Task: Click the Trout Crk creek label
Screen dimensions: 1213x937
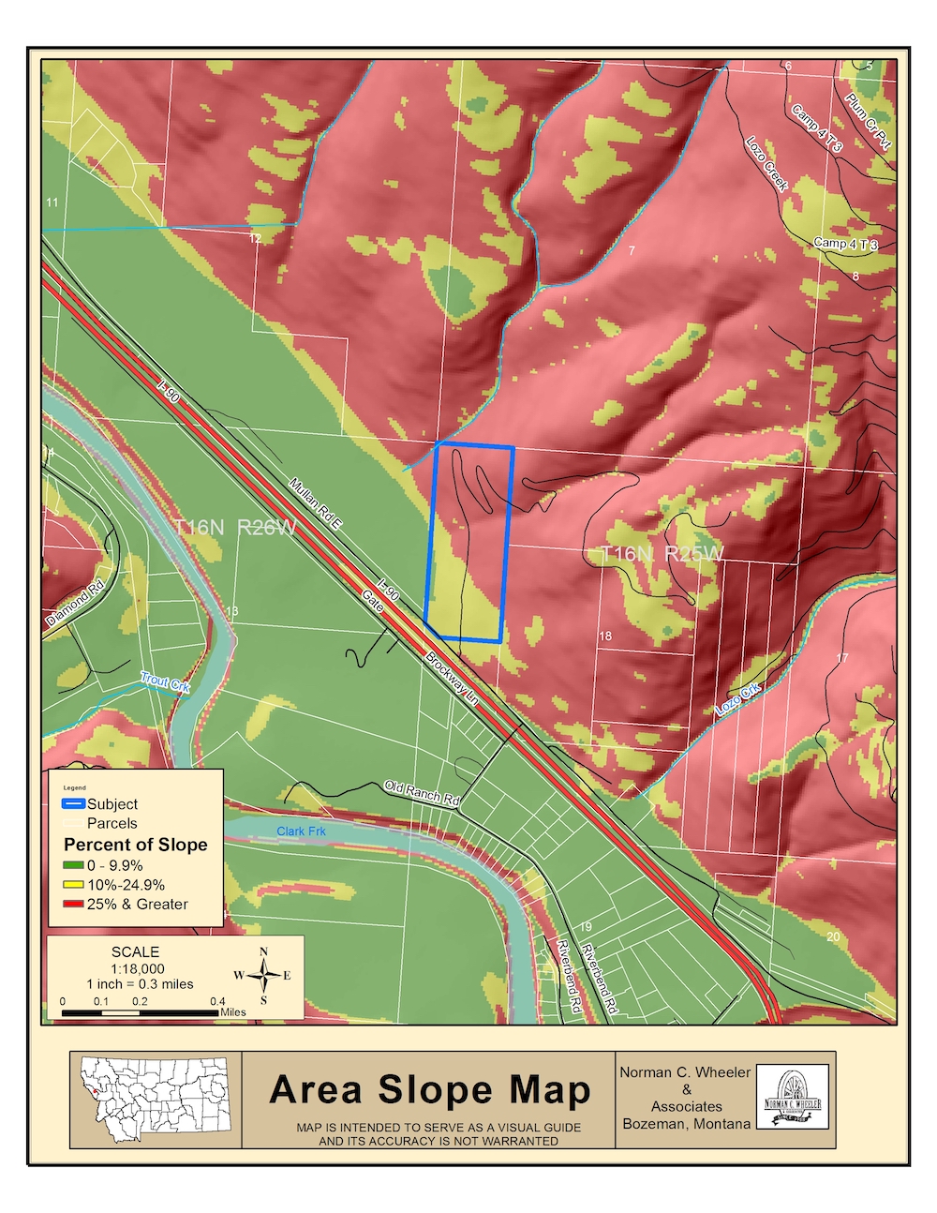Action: [x=165, y=681]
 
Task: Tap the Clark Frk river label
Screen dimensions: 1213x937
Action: [x=301, y=831]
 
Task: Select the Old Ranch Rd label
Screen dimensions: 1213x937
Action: [x=422, y=793]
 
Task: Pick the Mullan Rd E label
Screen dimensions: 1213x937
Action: [x=314, y=504]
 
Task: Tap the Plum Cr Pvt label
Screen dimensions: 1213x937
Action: [x=869, y=122]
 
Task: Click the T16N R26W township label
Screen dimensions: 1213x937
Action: [x=234, y=528]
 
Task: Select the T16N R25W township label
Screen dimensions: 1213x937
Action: [x=662, y=554]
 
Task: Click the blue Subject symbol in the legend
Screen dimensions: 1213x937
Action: [x=73, y=804]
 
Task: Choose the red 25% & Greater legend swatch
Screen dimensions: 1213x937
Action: [x=73, y=905]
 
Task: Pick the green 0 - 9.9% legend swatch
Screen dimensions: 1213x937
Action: [x=73, y=866]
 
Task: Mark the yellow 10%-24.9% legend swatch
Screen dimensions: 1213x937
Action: [x=73, y=885]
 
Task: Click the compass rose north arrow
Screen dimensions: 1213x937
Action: [x=263, y=975]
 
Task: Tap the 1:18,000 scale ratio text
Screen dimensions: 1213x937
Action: [x=137, y=968]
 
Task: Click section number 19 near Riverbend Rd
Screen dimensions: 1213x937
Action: [x=586, y=927]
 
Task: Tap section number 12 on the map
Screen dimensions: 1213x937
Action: [x=255, y=239]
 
